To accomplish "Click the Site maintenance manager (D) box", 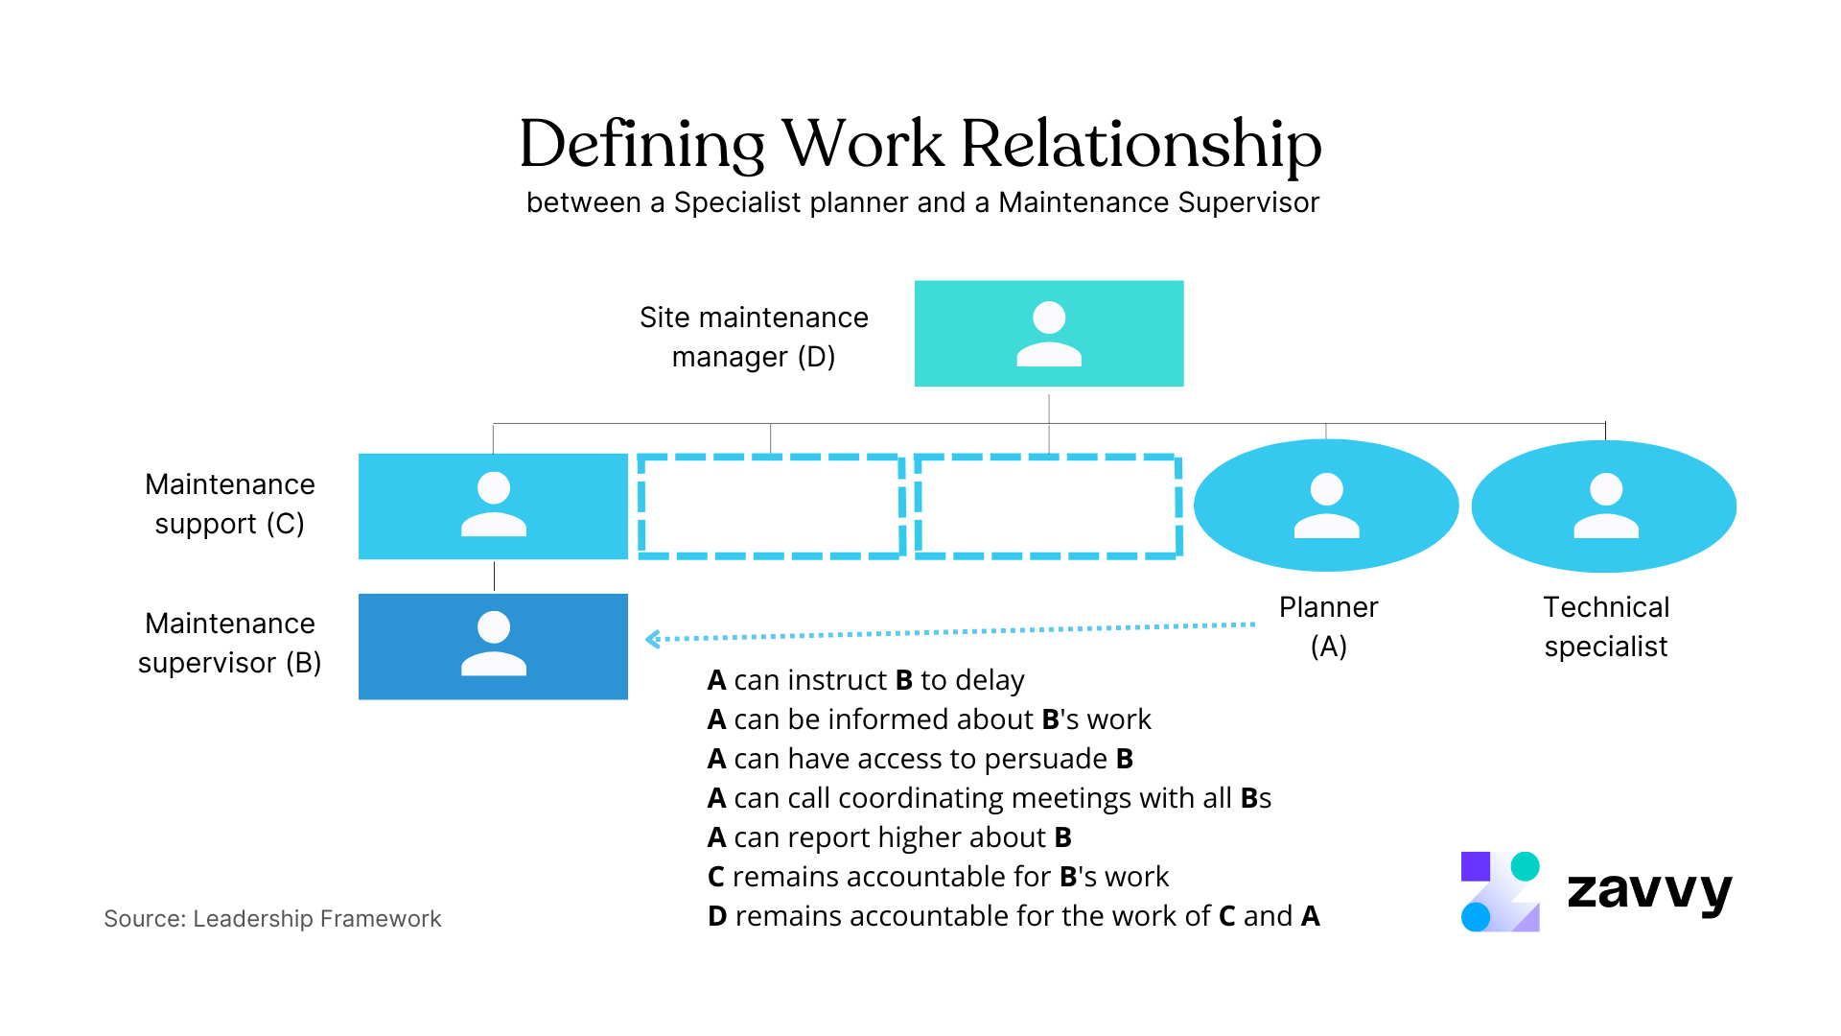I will (1048, 334).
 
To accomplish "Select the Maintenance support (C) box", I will (493, 506).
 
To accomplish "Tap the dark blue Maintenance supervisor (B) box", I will (493, 647).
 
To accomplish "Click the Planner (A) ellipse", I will (1326, 506).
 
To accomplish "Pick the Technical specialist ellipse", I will (1604, 506).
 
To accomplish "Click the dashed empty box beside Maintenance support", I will (771, 506).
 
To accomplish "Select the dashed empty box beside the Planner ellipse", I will (1048, 506).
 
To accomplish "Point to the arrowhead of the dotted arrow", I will (652, 639).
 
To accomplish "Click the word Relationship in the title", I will (1141, 145).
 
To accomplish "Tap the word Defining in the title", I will (641, 145).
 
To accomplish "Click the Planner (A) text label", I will (1328, 626).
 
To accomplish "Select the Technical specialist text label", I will (1606, 626).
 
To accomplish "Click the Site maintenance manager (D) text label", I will (754, 337).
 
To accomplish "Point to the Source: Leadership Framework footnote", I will (272, 919).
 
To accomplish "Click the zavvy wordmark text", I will (1649, 891).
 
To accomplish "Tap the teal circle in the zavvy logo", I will (1525, 866).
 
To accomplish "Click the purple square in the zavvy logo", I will (1475, 866).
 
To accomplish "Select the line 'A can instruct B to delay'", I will (866, 680).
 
